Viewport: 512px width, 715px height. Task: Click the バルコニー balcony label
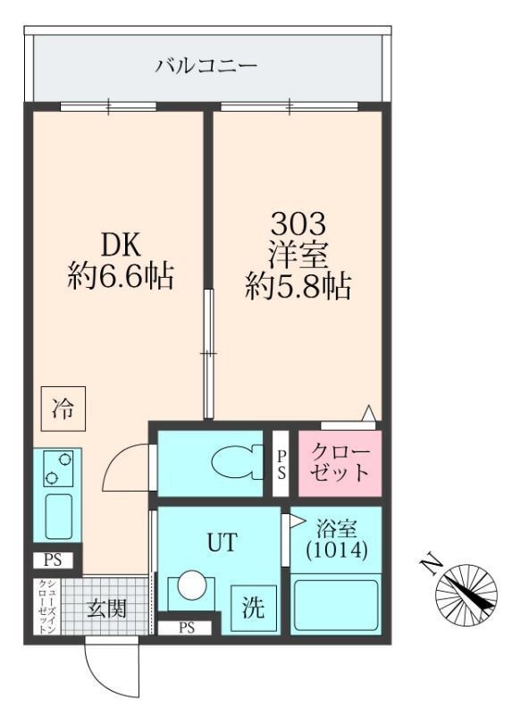click(x=206, y=65)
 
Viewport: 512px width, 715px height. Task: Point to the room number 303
click(x=298, y=222)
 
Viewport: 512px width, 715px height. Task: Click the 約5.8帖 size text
click(x=298, y=286)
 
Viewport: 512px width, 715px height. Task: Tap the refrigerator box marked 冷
click(x=63, y=409)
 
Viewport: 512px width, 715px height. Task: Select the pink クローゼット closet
click(x=340, y=463)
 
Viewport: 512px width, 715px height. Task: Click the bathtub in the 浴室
click(x=337, y=605)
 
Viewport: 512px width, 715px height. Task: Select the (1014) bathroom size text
click(x=335, y=551)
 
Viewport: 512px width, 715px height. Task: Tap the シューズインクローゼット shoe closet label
click(x=43, y=608)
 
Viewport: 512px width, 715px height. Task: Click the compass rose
click(x=466, y=593)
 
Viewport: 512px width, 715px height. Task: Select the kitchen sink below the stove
click(x=57, y=516)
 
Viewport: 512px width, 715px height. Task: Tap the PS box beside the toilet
click(x=281, y=463)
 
